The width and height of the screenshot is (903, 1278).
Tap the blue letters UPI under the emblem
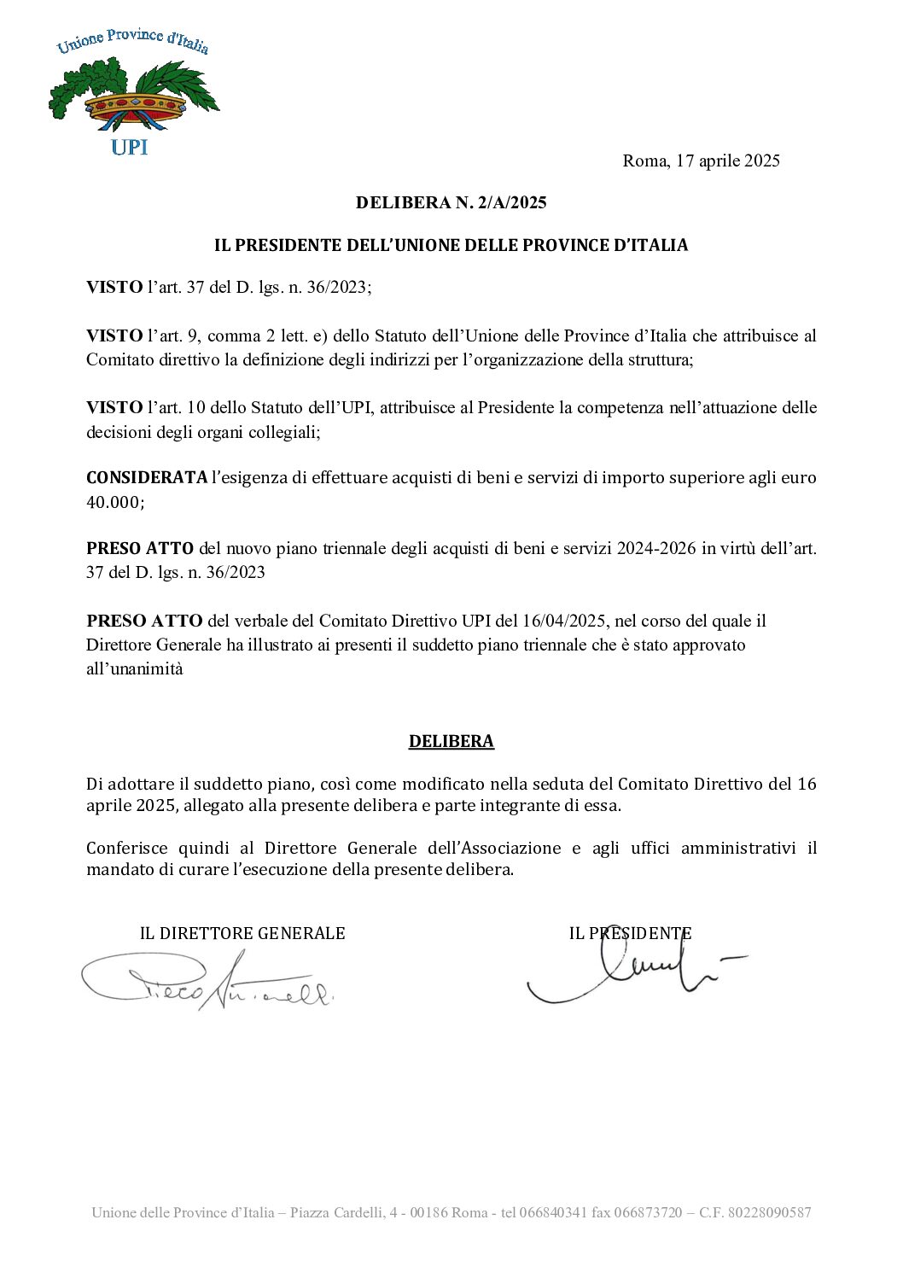(130, 148)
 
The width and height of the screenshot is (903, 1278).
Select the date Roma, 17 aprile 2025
(701, 160)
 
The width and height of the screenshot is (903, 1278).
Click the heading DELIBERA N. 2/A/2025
(451, 202)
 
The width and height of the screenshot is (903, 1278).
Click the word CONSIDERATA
(146, 477)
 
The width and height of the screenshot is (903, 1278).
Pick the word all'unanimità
(134, 668)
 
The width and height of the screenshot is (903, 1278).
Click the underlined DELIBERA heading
(451, 741)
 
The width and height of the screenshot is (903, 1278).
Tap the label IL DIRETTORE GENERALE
(242, 933)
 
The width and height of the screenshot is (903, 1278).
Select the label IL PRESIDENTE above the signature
(630, 933)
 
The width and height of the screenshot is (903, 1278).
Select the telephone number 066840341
(554, 1212)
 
